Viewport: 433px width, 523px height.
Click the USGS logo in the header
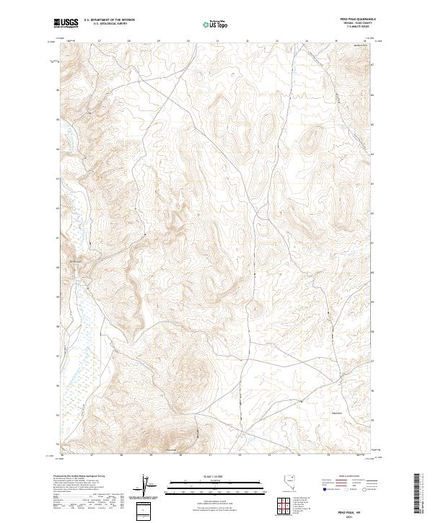tap(65, 23)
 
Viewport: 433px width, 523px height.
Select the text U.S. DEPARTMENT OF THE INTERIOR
tap(109, 20)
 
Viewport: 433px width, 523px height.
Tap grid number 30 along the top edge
tap(188, 40)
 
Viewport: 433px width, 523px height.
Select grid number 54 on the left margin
tap(58, 444)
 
